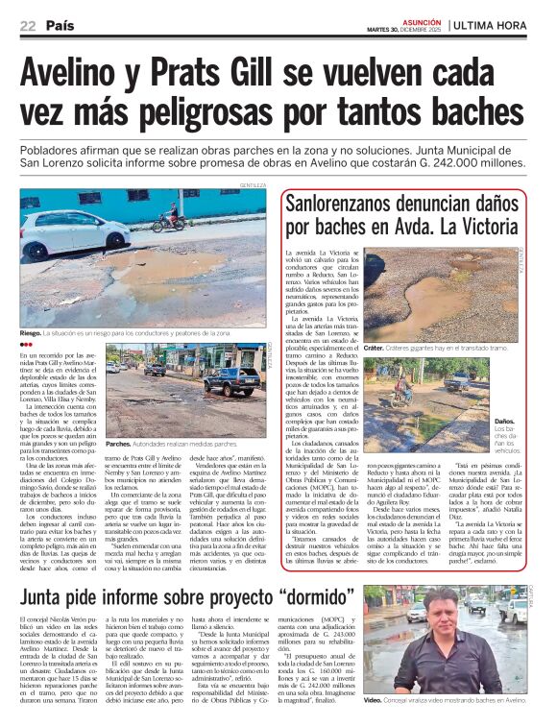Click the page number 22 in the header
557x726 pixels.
point(27,26)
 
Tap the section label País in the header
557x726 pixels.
point(60,26)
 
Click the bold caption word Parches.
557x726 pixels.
point(119,445)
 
